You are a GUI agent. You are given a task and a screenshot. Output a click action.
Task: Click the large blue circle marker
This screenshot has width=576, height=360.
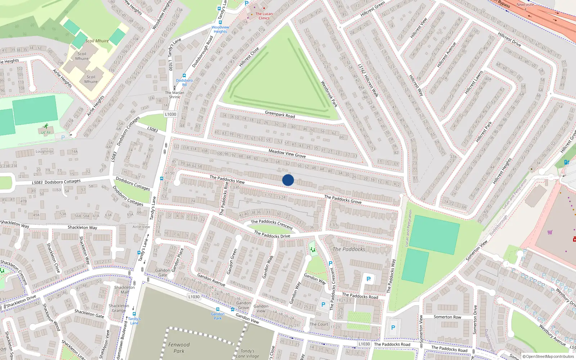point(288,180)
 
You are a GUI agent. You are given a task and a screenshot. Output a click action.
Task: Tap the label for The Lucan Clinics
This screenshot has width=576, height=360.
point(264,16)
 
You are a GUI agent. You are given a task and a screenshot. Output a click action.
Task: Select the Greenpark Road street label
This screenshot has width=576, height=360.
point(280,114)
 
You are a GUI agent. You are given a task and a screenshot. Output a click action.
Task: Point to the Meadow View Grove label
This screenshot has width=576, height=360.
point(287,154)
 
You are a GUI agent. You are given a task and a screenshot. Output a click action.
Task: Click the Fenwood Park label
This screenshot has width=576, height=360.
point(179,348)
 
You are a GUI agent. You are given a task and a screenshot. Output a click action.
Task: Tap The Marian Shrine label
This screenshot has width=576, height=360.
point(175,95)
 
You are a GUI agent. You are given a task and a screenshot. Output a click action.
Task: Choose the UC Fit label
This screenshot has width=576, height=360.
point(46,132)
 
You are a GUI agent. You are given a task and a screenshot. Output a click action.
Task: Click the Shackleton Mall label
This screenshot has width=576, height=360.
point(125,290)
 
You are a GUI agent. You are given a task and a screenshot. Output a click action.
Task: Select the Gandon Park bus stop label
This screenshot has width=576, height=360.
point(218,316)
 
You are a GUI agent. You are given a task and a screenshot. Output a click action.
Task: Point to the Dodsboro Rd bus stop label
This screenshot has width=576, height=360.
point(184,82)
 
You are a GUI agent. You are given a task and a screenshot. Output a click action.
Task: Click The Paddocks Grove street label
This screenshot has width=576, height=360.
point(343,199)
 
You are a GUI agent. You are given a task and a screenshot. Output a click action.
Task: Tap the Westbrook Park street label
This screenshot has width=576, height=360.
point(329,94)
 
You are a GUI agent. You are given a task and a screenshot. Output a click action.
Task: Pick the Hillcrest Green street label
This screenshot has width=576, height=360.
point(373,9)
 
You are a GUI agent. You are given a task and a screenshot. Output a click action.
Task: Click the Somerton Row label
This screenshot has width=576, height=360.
point(447,317)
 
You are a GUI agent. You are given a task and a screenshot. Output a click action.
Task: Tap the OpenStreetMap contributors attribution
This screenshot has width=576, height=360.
point(548,356)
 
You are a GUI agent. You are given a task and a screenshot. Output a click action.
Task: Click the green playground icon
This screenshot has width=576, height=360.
point(312,249)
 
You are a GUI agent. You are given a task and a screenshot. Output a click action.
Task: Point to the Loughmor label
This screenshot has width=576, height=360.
point(44,152)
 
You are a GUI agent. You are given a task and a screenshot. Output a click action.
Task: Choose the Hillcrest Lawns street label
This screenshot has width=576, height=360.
point(473,82)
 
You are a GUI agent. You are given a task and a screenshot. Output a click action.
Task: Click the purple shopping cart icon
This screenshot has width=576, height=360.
point(550,232)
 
